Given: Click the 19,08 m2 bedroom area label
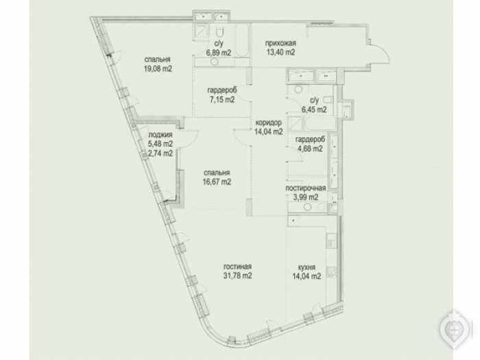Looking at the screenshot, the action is coord(158,69).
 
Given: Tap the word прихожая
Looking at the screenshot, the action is coord(280,43).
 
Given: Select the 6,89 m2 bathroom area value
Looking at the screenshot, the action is coord(219,53).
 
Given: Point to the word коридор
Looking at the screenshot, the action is coord(269,123).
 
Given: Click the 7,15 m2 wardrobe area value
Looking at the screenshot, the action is coord(222,99).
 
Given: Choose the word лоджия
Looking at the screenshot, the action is coord(160,134).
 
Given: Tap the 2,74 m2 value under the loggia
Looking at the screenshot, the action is coord(160,153).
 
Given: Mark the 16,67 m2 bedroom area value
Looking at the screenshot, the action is coord(217,182).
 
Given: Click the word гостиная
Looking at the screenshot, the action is coord(237,267).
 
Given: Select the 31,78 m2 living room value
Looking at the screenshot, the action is coord(238,276).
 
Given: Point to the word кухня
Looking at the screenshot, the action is coord(307,267).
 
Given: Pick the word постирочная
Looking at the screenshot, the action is coord(306,188).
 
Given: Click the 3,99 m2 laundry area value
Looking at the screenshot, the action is coord(306,197).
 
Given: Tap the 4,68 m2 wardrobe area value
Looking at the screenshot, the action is coord(310,149).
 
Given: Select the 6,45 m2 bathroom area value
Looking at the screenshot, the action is coord(314,109).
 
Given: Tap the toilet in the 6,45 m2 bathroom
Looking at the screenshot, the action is coord(328,100).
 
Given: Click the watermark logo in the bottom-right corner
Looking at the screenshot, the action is coord(455,330).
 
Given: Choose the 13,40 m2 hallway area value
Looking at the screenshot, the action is coord(280,52).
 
